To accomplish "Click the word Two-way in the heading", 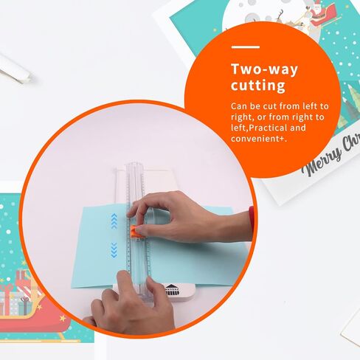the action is (x=264, y=69).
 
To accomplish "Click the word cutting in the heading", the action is (x=258, y=86).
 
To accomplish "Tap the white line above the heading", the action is (x=246, y=46).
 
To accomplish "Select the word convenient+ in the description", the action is (x=259, y=139).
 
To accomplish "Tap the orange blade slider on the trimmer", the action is (x=134, y=232).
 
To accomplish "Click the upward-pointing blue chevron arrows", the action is (x=114, y=221).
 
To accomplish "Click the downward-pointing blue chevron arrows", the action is (x=114, y=250).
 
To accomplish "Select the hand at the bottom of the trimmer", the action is (x=131, y=302).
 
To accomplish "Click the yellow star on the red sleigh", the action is (x=63, y=318).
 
